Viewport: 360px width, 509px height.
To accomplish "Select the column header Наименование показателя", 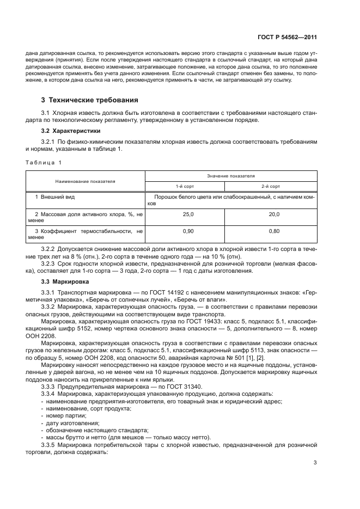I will [85, 181].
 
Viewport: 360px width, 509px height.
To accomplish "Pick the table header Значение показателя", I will [230, 176].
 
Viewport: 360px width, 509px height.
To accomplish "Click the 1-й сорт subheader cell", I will [188, 186].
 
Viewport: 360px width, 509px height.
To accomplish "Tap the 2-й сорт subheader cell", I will [274, 186].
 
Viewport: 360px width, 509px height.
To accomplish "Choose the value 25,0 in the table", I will [188, 215].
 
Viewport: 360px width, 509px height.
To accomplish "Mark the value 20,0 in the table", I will [274, 215].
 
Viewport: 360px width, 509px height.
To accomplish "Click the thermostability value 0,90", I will [188, 231].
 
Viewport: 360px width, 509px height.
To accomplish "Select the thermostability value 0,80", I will [274, 231].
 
